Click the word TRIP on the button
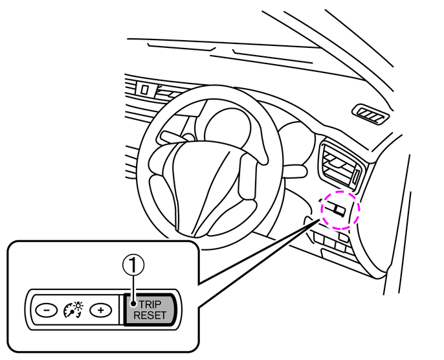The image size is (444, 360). point(150,304)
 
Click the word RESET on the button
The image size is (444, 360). point(150,315)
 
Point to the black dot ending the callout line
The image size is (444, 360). point(132,304)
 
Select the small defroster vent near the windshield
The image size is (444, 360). point(370,115)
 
